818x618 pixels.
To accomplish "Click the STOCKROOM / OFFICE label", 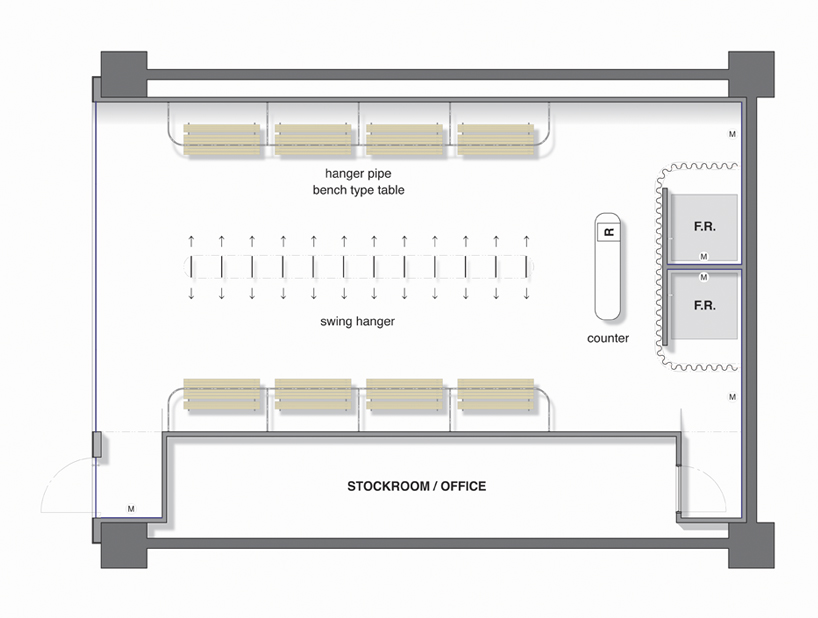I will coord(416,487).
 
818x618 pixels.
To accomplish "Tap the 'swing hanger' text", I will coord(357,322).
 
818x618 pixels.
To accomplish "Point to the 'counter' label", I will coord(608,338).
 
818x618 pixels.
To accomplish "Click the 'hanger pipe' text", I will coord(357,174).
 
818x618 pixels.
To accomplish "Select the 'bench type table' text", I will coord(358,190).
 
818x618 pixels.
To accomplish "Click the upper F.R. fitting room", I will coord(704,226).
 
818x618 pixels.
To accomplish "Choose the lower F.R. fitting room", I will coord(704,305).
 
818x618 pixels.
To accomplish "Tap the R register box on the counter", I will coord(608,232).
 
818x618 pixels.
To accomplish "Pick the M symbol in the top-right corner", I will coord(732,134).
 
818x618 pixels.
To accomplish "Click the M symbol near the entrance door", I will coord(131,508).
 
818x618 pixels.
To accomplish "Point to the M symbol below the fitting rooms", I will coord(732,398).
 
